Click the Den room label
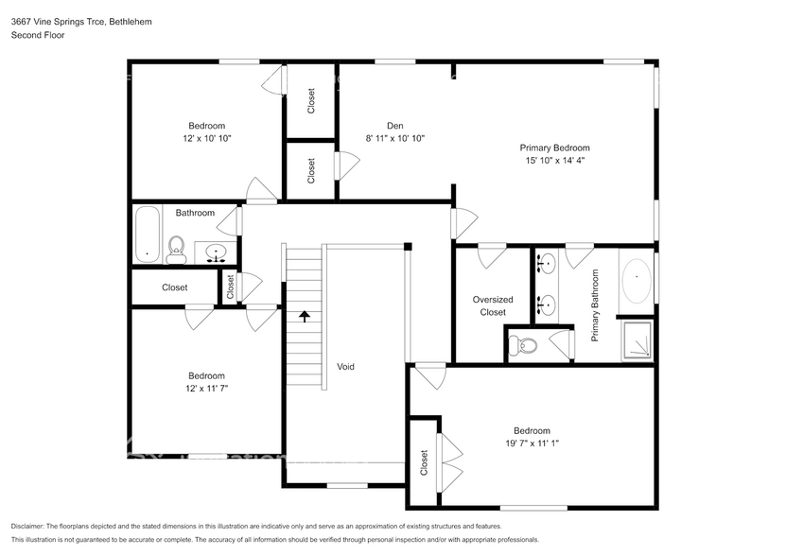click(x=395, y=126)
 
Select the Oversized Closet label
click(x=493, y=305)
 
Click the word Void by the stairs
click(x=346, y=366)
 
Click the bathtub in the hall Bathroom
click(x=146, y=235)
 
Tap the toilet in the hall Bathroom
click(x=175, y=250)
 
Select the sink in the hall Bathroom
click(x=217, y=252)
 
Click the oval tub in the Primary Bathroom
click(x=637, y=277)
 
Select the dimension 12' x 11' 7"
click(x=206, y=388)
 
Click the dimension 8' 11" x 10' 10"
click(x=395, y=138)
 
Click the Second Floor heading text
click(x=38, y=35)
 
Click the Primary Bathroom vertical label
click(x=596, y=305)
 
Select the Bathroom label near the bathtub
click(x=195, y=213)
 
